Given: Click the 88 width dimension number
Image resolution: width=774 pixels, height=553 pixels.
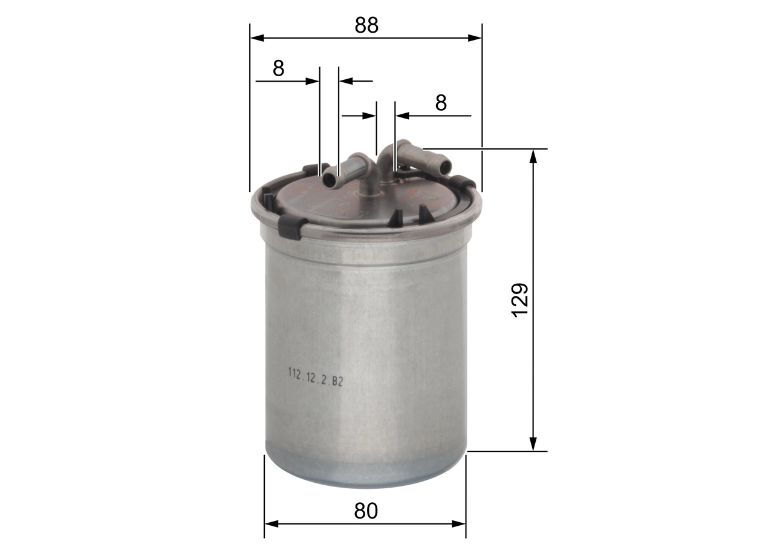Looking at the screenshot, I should tap(366, 25).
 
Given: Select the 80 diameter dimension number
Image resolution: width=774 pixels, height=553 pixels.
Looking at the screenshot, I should tap(366, 511).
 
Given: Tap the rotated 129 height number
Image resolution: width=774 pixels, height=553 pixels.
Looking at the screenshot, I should tap(521, 299).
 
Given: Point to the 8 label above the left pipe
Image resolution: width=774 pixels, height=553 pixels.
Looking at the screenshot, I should tap(278, 68).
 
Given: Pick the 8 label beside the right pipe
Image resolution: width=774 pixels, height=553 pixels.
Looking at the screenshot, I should tap(441, 103).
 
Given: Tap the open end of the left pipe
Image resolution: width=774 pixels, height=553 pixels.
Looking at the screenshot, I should tap(330, 180).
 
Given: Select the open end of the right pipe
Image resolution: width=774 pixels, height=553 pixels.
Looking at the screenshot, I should tap(445, 166).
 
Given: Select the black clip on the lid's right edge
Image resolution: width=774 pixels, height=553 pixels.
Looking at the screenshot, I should tap(464, 182).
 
